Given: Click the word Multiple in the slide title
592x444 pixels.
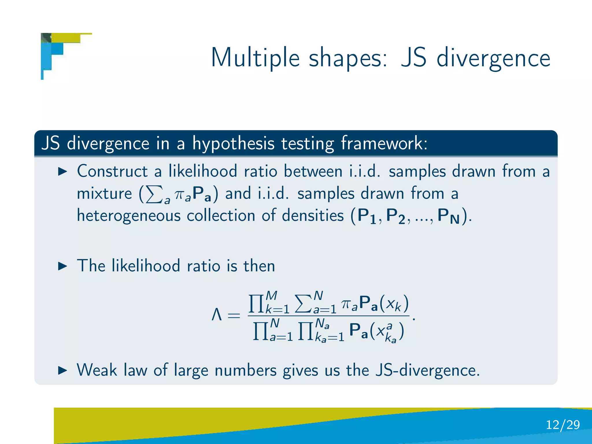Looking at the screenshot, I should pyautogui.click(x=255, y=58).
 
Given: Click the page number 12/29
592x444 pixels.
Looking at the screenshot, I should pyautogui.click(x=563, y=425).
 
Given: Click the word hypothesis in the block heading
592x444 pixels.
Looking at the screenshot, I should pyautogui.click(x=234, y=144).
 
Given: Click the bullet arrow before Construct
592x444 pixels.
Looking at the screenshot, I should pyautogui.click(x=62, y=171).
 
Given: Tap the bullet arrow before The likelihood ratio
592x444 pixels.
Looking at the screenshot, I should pyautogui.click(x=62, y=266).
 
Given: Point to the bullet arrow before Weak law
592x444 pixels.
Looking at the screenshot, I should pyautogui.click(x=62, y=370).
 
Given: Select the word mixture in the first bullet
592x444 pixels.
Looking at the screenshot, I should pyautogui.click(x=104, y=193).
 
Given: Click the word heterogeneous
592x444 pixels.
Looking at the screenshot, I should pyautogui.click(x=129, y=216).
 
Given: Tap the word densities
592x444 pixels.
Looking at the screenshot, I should pyautogui.click(x=312, y=216).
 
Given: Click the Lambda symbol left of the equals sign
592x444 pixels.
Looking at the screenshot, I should pyautogui.click(x=217, y=315).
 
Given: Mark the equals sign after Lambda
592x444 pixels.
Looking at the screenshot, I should pyautogui.click(x=234, y=316).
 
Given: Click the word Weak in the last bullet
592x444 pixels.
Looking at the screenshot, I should pyautogui.click(x=97, y=370).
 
